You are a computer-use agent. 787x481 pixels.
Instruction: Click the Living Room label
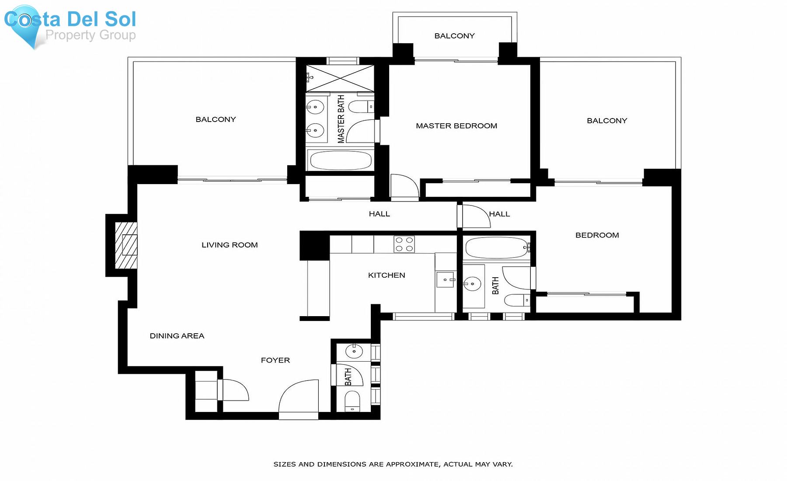(x=230, y=245)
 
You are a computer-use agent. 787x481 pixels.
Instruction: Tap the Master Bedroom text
(x=456, y=126)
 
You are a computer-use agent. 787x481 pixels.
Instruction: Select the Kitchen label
(x=387, y=275)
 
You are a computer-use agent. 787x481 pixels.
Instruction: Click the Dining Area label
(x=177, y=336)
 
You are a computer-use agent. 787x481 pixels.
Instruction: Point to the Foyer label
(x=275, y=360)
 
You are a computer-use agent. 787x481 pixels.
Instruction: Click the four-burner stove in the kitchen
(x=404, y=244)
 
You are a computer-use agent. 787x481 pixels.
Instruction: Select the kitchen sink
(x=445, y=279)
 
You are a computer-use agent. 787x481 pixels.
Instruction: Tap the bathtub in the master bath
(x=341, y=160)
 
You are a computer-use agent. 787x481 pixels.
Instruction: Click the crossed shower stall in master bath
(x=340, y=79)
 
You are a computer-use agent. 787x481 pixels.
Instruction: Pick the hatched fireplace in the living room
(x=126, y=245)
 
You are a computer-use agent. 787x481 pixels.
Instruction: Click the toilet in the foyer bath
(x=352, y=401)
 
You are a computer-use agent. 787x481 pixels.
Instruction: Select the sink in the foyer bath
(x=354, y=351)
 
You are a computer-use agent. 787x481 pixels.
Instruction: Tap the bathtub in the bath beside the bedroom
(x=497, y=248)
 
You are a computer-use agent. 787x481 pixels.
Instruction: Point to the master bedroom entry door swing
(x=404, y=186)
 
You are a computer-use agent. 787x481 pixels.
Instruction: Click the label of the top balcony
(x=454, y=36)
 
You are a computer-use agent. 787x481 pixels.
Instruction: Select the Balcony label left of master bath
(x=216, y=119)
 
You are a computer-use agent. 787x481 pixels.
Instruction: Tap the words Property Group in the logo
(x=91, y=35)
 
